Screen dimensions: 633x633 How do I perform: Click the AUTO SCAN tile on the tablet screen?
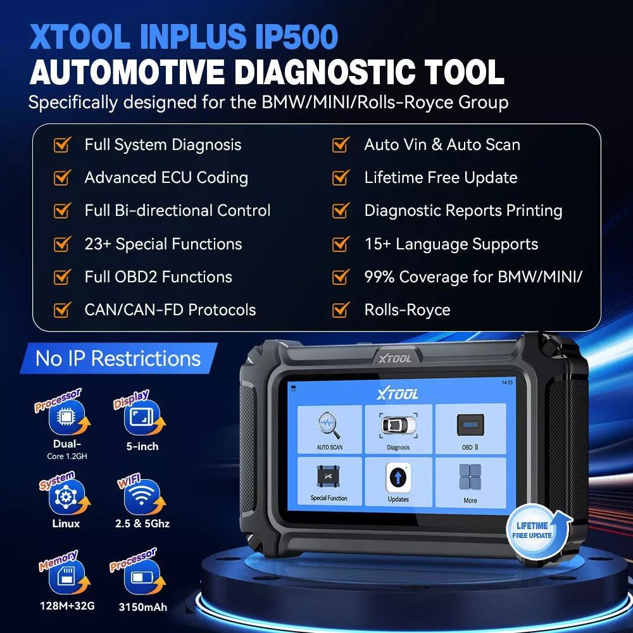coord(329,429)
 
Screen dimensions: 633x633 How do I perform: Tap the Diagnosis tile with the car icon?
coord(398,429)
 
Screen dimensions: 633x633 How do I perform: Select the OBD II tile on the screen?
coord(470,429)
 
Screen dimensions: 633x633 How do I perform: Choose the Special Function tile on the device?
coord(329,481)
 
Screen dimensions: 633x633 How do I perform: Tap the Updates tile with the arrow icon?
coord(398,481)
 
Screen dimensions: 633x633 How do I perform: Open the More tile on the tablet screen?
coord(470,481)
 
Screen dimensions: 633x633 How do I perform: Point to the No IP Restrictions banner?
coord(118,358)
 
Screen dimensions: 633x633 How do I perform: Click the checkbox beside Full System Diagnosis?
coord(61,145)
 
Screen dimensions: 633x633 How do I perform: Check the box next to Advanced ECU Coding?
coord(61,178)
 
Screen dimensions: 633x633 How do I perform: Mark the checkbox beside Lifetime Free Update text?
coord(341,178)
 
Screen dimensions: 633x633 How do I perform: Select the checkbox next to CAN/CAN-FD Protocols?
coord(61,310)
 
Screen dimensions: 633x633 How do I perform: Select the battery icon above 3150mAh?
coord(141,579)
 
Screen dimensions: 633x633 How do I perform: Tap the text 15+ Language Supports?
coord(451,244)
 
